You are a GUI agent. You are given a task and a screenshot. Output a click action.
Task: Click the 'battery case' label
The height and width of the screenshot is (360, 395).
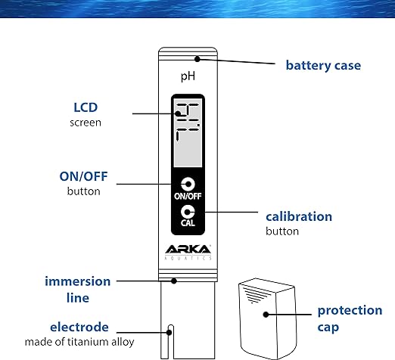click(323, 66)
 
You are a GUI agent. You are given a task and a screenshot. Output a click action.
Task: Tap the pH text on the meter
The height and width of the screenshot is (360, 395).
click(188, 76)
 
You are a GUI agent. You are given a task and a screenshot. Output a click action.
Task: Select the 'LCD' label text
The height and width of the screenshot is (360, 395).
click(86, 107)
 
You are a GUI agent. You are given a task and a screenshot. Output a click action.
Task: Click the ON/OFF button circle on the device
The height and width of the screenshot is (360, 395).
click(188, 185)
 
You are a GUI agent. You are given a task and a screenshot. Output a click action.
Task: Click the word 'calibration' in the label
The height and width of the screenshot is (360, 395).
click(299, 217)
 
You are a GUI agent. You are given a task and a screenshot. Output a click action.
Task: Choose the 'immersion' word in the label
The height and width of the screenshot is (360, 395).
click(78, 281)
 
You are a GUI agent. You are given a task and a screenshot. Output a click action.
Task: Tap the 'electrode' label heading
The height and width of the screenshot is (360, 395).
click(79, 327)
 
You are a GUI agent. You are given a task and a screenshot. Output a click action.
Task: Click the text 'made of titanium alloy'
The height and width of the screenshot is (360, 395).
click(79, 342)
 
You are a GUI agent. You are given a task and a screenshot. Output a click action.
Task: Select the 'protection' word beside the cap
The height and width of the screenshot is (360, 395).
click(350, 311)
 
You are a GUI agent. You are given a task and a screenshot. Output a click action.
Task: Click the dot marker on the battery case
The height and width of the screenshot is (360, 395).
click(197, 59)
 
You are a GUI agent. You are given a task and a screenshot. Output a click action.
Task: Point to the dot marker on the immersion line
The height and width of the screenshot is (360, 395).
click(174, 281)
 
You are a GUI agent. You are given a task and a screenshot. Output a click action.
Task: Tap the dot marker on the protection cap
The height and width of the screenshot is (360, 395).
click(266, 315)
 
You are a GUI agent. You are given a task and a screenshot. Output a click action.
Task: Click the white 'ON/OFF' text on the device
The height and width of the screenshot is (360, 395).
click(188, 196)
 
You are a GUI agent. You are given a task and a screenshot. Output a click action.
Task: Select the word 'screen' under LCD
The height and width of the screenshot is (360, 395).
click(86, 123)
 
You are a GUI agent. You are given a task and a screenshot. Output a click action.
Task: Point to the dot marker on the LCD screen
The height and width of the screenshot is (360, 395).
click(179, 113)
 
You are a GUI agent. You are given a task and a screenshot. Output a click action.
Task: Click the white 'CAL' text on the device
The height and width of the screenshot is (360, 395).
click(188, 223)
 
